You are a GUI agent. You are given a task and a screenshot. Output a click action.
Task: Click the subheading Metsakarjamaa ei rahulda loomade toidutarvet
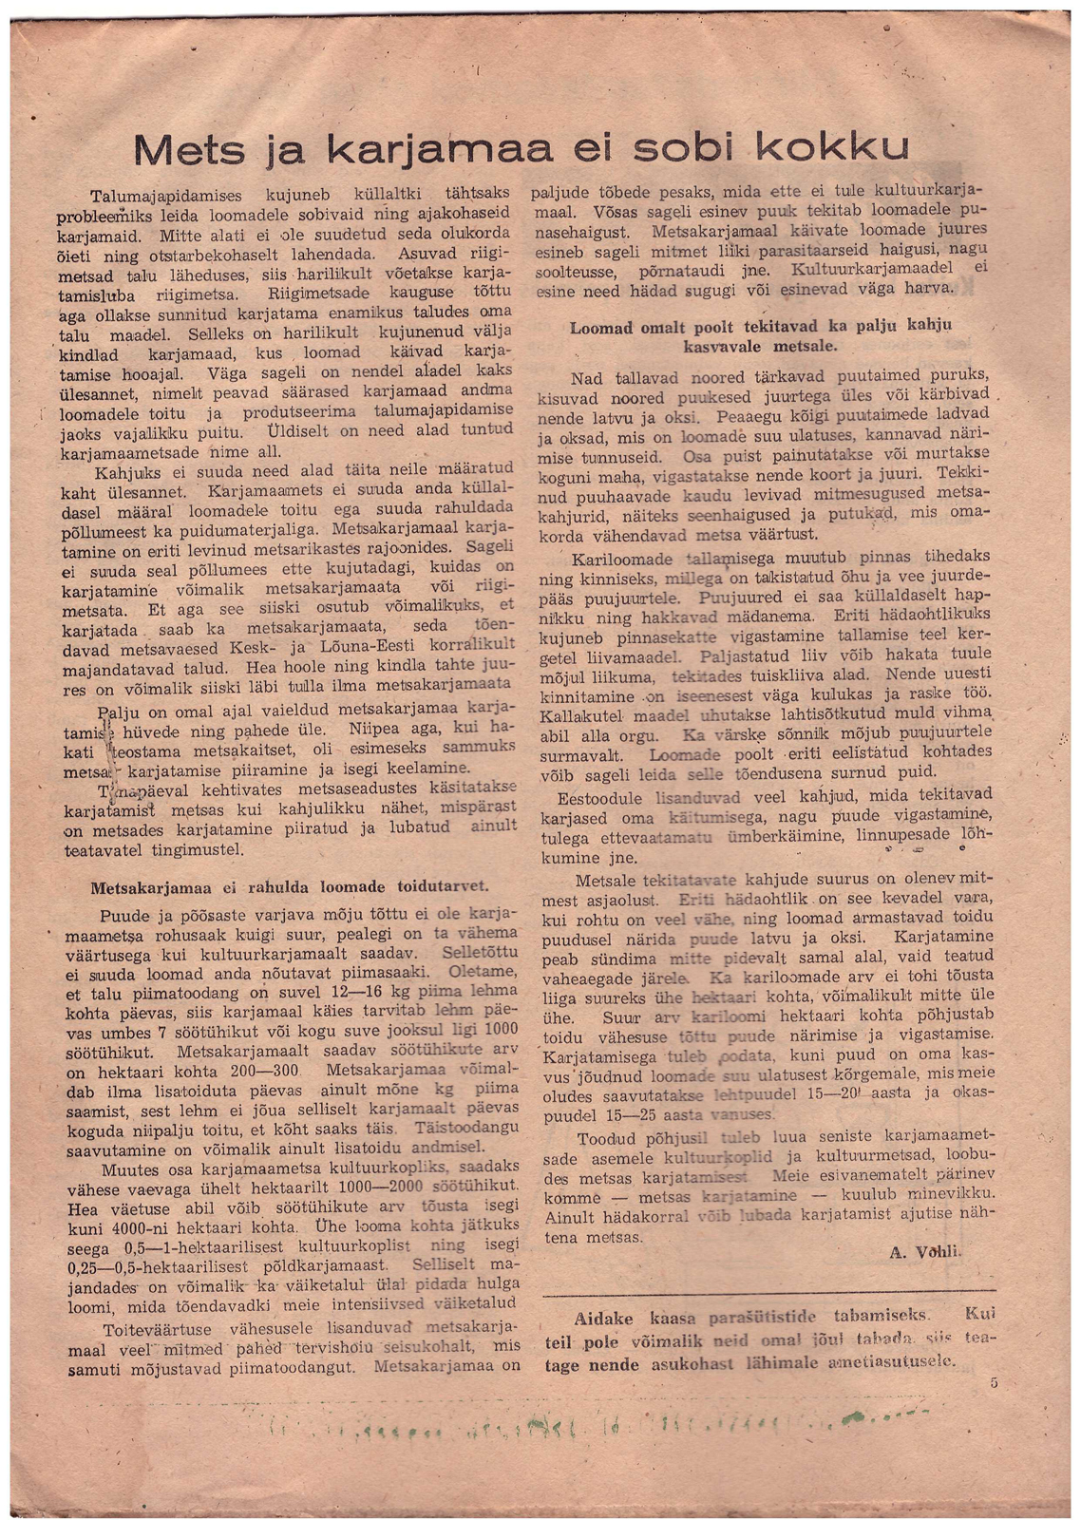click(289, 887)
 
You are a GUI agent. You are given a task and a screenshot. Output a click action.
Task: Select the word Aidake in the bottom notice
click(609, 1319)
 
